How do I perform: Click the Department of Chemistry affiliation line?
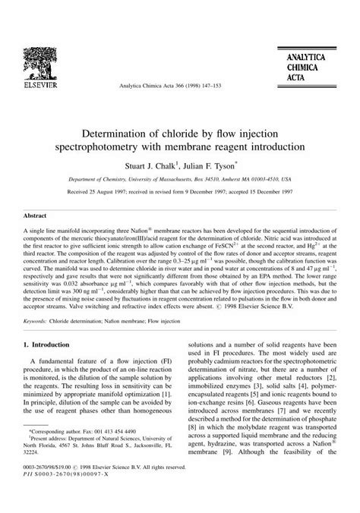179,180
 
